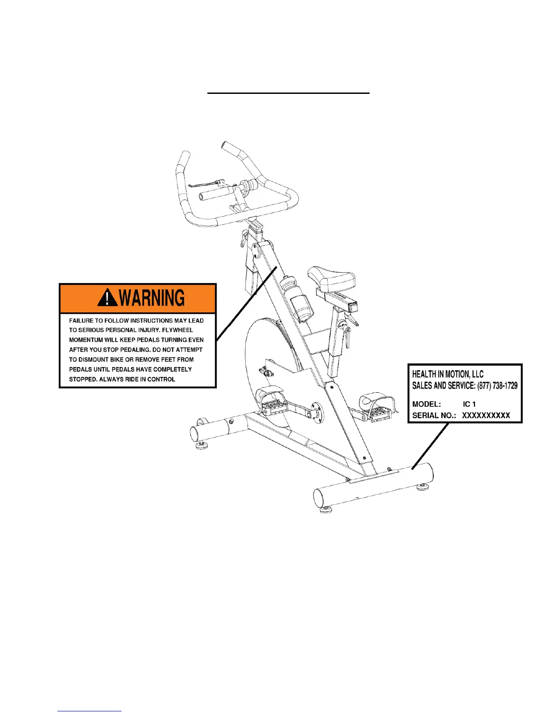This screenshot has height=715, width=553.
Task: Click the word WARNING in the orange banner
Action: (x=152, y=298)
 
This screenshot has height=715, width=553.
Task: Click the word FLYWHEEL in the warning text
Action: (x=177, y=330)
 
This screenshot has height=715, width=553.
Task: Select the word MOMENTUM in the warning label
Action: (x=85, y=340)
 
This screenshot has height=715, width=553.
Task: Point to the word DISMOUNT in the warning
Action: (x=94, y=360)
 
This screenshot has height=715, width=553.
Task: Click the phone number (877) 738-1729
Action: (x=497, y=385)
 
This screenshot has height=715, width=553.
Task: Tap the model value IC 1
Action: (x=469, y=404)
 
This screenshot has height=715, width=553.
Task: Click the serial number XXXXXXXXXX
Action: (x=486, y=415)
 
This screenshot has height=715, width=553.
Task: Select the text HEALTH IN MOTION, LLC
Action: (x=447, y=374)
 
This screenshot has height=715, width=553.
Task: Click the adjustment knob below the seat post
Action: (x=347, y=334)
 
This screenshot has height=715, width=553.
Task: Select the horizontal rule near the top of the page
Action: (x=288, y=93)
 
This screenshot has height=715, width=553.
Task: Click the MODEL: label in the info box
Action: (x=426, y=404)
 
